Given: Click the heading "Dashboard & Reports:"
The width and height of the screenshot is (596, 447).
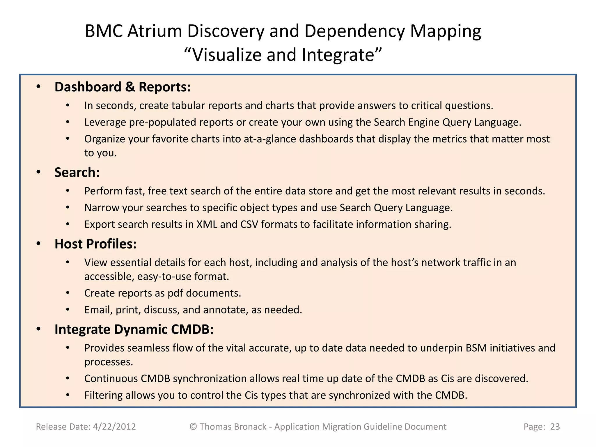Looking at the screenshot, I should pos(123,87).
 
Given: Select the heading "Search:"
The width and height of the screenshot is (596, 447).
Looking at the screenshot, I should pos(77,173).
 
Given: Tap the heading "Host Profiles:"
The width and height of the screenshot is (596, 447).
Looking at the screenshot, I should pos(95,244).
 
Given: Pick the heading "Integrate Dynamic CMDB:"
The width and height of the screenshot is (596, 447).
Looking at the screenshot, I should pos(134,329).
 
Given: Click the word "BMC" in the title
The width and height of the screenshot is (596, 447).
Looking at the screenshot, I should pos(103,31).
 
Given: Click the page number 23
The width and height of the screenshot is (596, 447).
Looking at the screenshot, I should pos(555,427).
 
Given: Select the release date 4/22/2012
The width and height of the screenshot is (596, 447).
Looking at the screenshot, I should pos(114,427).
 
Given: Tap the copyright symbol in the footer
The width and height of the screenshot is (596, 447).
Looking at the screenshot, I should pos(193,427).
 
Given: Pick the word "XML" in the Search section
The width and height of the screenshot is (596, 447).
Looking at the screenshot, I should pos(207,224).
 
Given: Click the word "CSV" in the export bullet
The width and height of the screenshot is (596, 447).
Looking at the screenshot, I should pos(249,224).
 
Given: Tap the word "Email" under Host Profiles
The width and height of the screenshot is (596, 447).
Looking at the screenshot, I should pos(98,310).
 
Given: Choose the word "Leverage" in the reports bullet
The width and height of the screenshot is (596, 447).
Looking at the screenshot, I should pos(105,123).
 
